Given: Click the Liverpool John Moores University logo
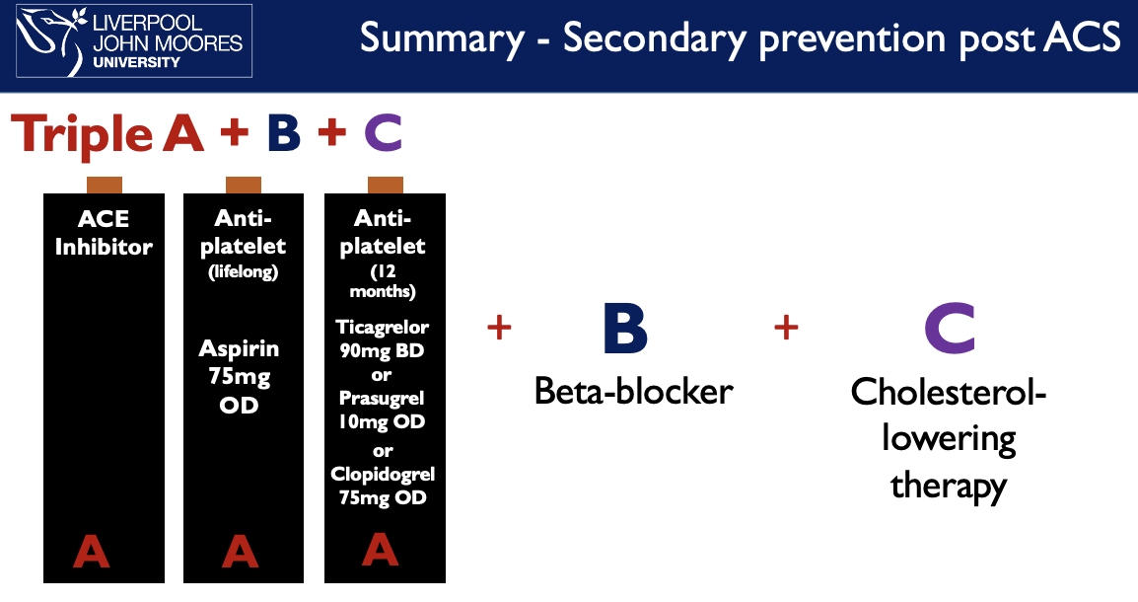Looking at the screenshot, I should click(x=134, y=40).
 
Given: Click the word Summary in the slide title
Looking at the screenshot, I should click(x=442, y=38).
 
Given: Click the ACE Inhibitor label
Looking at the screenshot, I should click(x=104, y=233).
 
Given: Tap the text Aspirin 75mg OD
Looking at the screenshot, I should click(x=240, y=376).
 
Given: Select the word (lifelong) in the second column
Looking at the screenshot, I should click(x=243, y=272).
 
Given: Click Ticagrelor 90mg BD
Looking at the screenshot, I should click(x=383, y=337).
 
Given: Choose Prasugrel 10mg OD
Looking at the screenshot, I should click(x=383, y=412).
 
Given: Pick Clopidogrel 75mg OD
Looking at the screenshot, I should click(x=383, y=487).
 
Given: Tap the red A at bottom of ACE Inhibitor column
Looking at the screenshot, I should click(x=92, y=552).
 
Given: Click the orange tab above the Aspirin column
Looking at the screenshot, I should click(x=244, y=185).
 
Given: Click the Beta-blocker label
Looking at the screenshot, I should click(x=633, y=392).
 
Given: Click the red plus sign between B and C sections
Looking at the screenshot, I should click(x=786, y=328).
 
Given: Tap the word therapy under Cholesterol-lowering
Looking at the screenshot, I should click(x=949, y=485).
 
